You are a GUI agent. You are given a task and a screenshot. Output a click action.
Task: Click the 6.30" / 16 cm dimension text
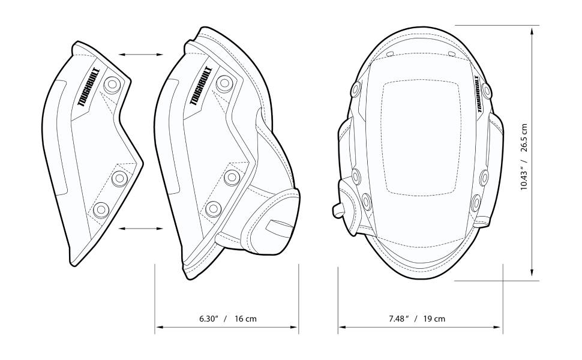[227, 319]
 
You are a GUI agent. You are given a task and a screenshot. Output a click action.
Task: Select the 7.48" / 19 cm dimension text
[416, 319]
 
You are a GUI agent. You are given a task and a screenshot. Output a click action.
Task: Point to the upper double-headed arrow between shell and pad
[140, 55]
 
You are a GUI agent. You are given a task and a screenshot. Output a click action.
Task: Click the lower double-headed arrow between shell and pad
[140, 228]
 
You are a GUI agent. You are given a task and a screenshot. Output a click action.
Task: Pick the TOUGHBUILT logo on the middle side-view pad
[202, 88]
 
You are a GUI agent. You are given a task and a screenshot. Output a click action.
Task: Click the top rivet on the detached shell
[111, 85]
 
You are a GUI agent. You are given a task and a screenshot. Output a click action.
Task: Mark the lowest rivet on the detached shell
[100, 209]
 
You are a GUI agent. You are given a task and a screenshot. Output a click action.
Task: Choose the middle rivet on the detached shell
[120, 178]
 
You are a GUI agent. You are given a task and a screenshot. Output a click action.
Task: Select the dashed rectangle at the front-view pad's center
[421, 137]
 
